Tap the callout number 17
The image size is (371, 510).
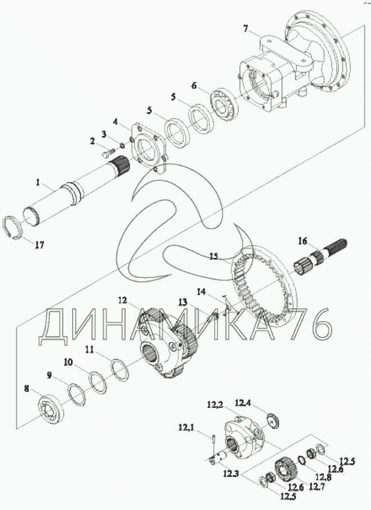click(x=40, y=245)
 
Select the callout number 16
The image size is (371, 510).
click(x=303, y=241)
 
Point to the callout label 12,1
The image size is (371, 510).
click(x=185, y=428)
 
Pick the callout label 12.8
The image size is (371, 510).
click(x=323, y=477)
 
